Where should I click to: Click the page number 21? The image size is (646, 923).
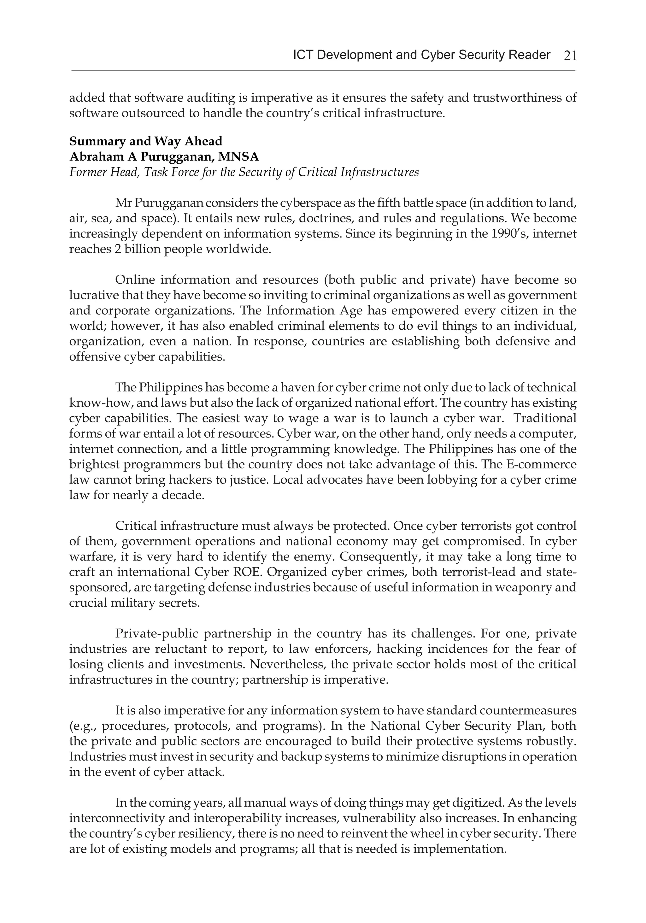click(x=570, y=56)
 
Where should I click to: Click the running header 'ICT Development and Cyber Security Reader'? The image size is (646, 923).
click(x=421, y=55)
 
